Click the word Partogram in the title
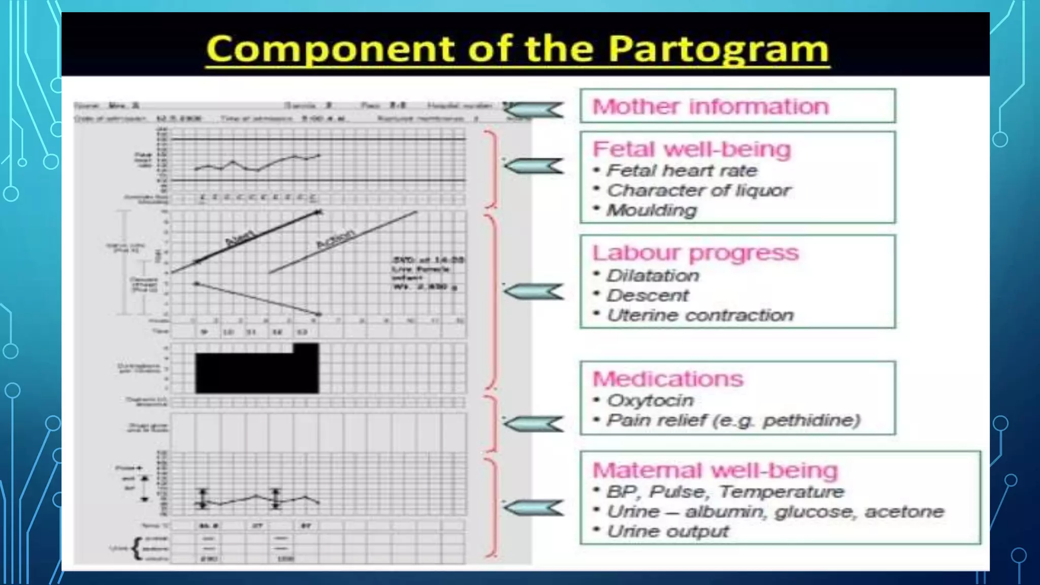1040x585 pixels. [719, 49]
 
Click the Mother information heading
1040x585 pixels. [710, 107]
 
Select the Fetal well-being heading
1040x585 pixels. [692, 149]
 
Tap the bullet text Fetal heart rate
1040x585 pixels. [681, 171]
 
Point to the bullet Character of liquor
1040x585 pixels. [698, 190]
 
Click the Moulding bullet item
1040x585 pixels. [652, 210]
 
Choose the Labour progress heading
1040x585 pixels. [696, 253]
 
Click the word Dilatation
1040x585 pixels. [653, 276]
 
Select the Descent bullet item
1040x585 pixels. [648, 296]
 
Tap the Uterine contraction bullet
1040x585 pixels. [700, 315]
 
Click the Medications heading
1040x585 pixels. [668, 379]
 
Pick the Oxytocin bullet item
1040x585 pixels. [651, 401]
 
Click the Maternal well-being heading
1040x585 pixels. [715, 470]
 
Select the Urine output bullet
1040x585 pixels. [668, 532]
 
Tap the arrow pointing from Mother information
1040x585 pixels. [534, 110]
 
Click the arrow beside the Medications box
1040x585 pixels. [534, 424]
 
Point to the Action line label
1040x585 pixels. [335, 238]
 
